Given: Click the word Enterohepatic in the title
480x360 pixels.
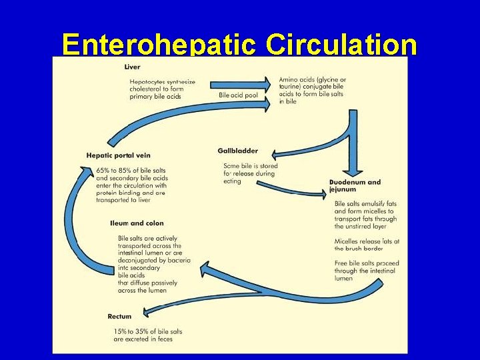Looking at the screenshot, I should [158, 45].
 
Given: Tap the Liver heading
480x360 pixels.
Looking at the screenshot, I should [132, 67].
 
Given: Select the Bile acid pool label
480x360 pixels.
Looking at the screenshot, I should [238, 95].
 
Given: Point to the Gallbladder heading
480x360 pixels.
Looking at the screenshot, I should [237, 151].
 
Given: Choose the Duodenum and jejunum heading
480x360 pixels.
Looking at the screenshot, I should [355, 185].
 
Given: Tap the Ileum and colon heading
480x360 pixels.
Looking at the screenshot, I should [137, 223].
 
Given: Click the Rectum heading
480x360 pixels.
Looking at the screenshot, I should [119, 316].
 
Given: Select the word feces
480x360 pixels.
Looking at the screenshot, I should [164, 339].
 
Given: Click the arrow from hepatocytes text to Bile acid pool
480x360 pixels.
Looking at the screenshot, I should [240, 85].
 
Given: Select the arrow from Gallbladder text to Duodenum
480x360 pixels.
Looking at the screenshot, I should [293, 188].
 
